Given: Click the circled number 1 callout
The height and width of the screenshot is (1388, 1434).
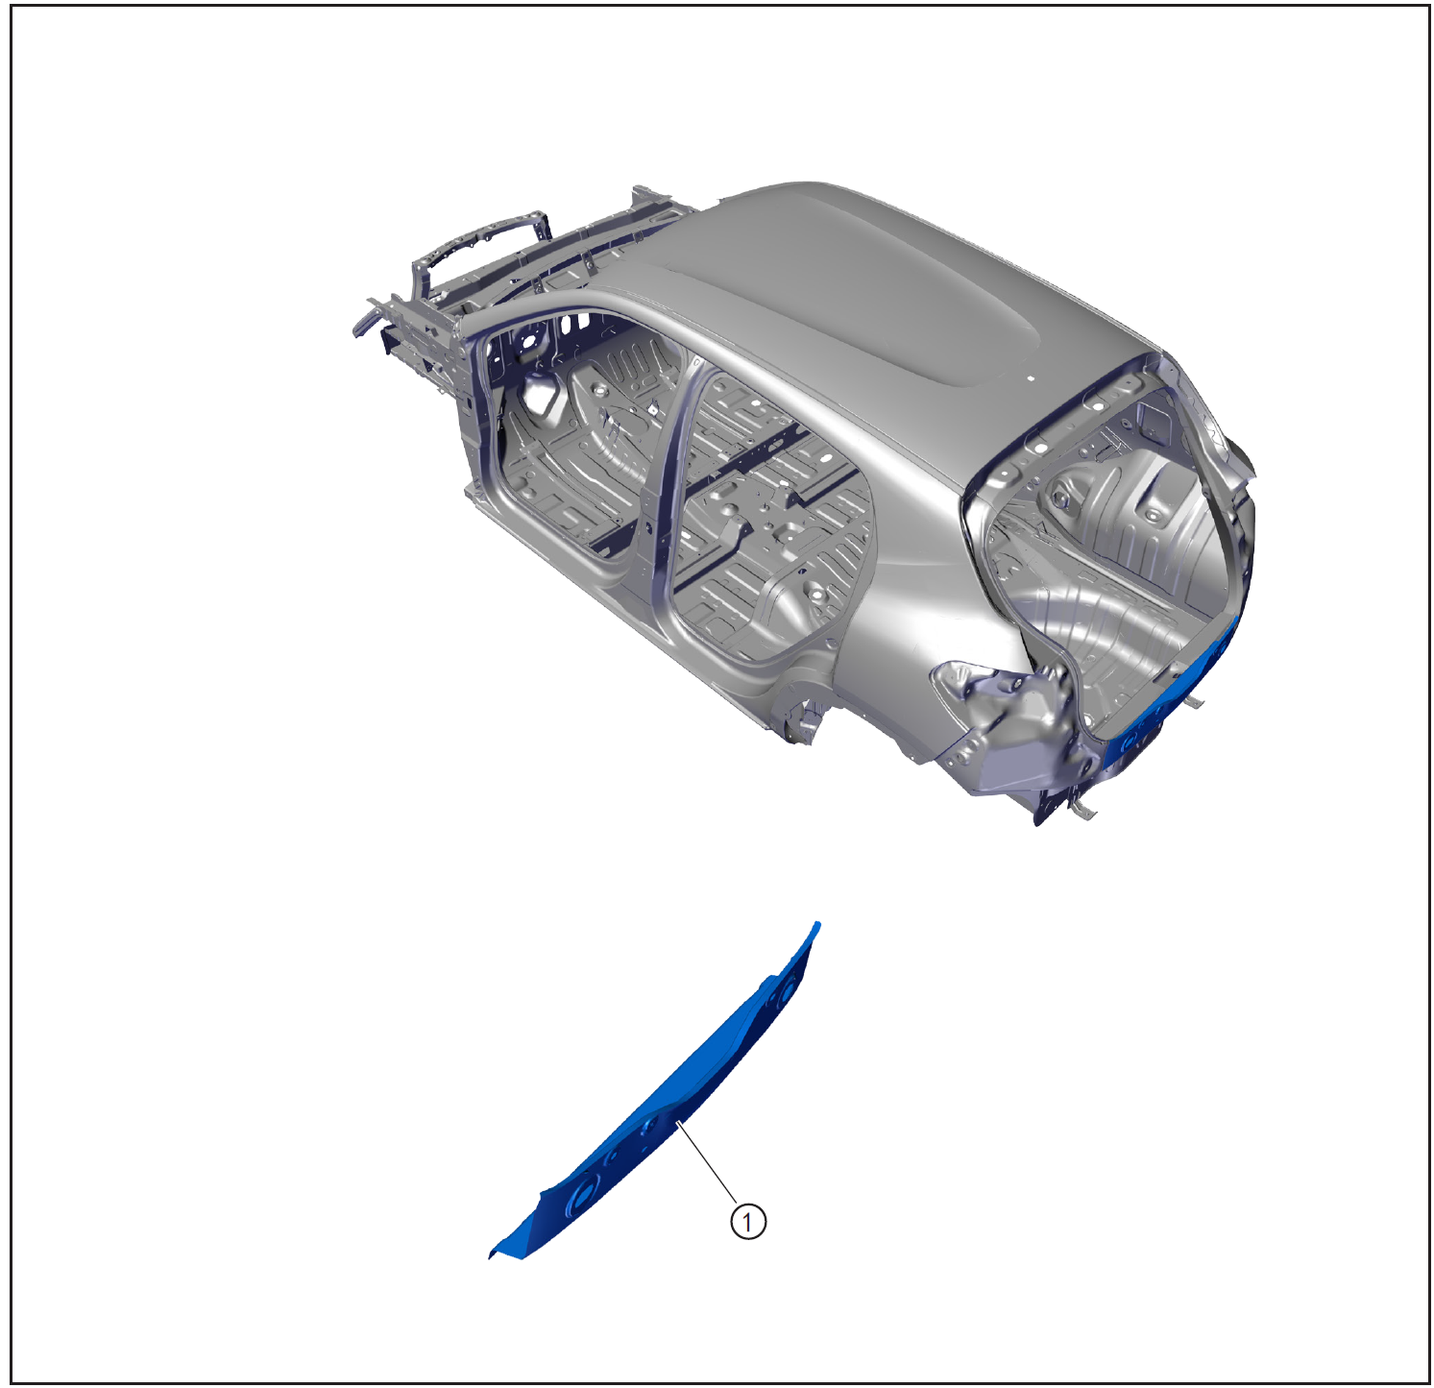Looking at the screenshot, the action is coord(748,1222).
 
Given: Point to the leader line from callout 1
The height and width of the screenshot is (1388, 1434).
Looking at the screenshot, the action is coord(708,1162).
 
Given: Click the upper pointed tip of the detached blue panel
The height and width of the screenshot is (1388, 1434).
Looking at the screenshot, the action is coord(817,924).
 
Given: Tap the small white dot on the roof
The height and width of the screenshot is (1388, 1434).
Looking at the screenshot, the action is coord(1030,378).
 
